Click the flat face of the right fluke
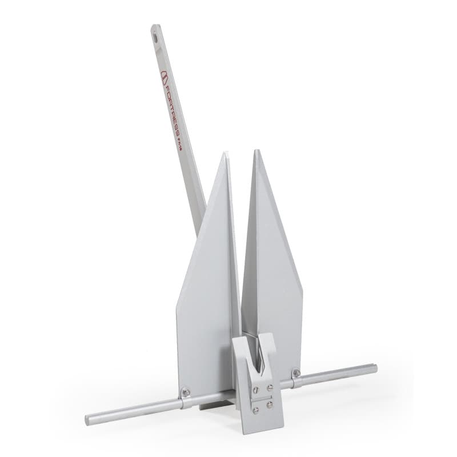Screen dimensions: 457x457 tap(274, 274)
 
